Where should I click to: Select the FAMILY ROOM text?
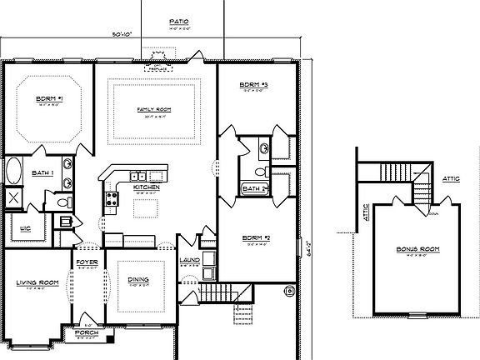(155, 109)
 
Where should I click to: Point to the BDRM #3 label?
(253, 85)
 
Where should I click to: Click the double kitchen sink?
(139, 176)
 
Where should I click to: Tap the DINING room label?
(138, 281)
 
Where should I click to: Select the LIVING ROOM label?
(37, 283)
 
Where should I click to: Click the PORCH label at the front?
(87, 333)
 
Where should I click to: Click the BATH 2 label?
(253, 189)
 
